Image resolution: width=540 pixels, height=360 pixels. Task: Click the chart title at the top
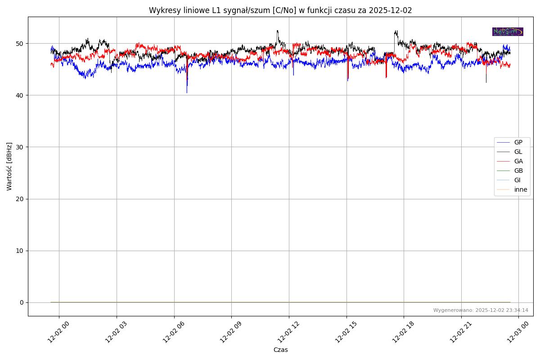coord(280,10)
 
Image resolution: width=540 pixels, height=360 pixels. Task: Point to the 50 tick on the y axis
coord(20,44)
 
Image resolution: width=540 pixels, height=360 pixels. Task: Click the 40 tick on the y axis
coord(20,95)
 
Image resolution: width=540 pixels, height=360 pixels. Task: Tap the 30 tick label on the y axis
coord(20,147)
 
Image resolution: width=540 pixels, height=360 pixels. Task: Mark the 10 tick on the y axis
coord(20,251)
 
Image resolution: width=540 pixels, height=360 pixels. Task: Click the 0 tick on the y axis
coord(22,302)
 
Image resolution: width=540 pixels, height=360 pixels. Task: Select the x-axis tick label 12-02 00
coord(57,334)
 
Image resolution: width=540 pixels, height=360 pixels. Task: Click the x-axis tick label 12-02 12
coord(287,334)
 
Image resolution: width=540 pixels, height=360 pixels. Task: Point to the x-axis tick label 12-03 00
coord(516,334)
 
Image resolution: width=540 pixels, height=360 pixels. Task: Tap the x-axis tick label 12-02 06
coord(172,334)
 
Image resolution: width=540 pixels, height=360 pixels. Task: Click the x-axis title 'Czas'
coord(280,350)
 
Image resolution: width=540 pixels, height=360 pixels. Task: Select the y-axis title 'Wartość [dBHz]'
coord(9,166)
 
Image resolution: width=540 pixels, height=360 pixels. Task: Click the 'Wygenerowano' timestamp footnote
coord(481,310)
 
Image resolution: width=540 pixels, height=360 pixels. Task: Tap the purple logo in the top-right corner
coord(508,31)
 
